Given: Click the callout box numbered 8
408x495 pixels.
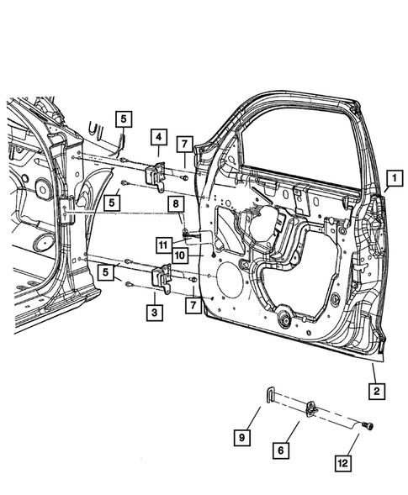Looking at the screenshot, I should (175, 204).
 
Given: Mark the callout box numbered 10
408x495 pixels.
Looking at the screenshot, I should (180, 254).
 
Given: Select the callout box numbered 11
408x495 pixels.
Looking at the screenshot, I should (162, 244).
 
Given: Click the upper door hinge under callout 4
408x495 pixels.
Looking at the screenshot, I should (155, 176).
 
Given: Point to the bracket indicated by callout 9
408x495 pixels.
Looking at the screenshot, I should (269, 395).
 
